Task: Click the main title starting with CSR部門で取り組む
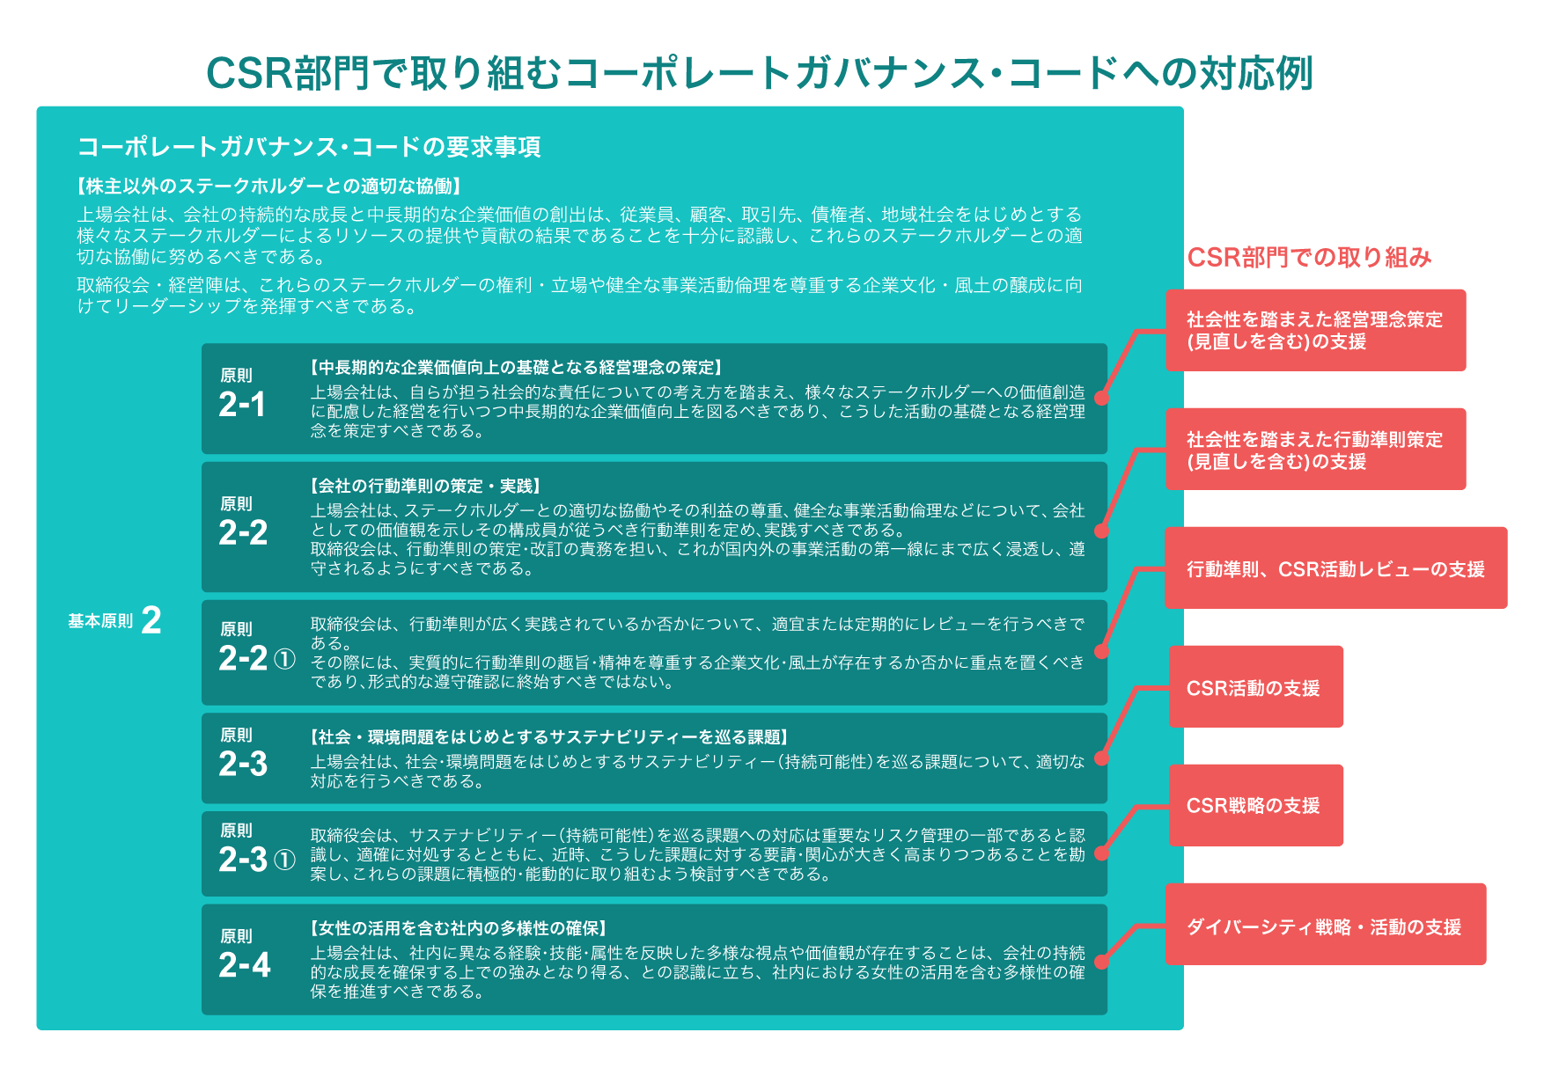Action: click(x=760, y=73)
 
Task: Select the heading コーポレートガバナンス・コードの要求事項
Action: click(x=309, y=147)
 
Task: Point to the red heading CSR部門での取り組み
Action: click(x=1309, y=257)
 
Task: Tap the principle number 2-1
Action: click(x=242, y=405)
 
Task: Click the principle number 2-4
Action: click(x=245, y=965)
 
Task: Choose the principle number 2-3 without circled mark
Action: click(x=243, y=764)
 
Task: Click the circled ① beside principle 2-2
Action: click(x=284, y=659)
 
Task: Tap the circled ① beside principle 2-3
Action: click(x=284, y=860)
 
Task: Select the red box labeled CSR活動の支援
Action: click(x=1255, y=686)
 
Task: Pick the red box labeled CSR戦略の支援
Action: click(x=1255, y=805)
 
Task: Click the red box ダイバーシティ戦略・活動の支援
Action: click(x=1326, y=924)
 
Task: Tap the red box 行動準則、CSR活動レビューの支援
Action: click(x=1336, y=567)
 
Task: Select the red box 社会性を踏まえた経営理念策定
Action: click(x=1316, y=330)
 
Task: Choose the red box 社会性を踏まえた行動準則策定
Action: click(x=1316, y=449)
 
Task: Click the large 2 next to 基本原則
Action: click(x=151, y=620)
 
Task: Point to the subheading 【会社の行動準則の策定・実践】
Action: click(x=425, y=486)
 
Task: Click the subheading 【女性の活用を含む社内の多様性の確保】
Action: click(x=459, y=928)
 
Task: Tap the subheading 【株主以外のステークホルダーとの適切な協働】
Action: click(x=269, y=186)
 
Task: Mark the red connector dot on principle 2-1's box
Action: click(x=1101, y=398)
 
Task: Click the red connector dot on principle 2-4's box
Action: click(x=1101, y=963)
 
